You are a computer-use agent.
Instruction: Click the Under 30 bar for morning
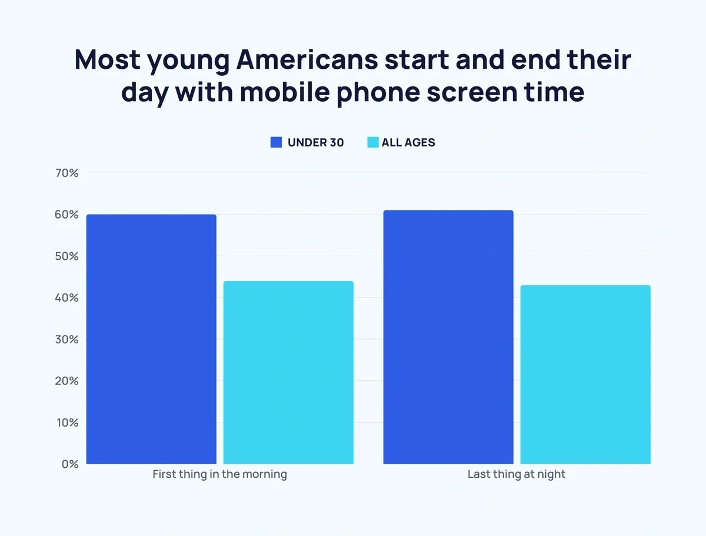[151, 339]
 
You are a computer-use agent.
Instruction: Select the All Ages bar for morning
[288, 373]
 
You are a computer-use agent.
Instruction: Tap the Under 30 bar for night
[448, 337]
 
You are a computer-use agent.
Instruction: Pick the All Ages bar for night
[585, 374]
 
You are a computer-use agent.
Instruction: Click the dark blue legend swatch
[276, 142]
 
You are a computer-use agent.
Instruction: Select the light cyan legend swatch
[373, 142]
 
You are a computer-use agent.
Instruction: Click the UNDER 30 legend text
[315, 142]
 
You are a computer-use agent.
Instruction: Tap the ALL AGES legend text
[408, 142]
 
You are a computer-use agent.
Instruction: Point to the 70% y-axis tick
[66, 173]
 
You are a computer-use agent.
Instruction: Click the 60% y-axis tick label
[66, 215]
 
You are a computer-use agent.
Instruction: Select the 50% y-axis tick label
[66, 256]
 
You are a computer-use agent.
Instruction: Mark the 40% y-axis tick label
[66, 298]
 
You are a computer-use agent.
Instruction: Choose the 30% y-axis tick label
[66, 340]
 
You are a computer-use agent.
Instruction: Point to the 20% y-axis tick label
[66, 381]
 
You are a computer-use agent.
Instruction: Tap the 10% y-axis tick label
[66, 423]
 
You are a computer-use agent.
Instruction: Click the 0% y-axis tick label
[69, 464]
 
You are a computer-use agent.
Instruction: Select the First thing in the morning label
[219, 474]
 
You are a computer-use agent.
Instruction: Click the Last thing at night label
[516, 474]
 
